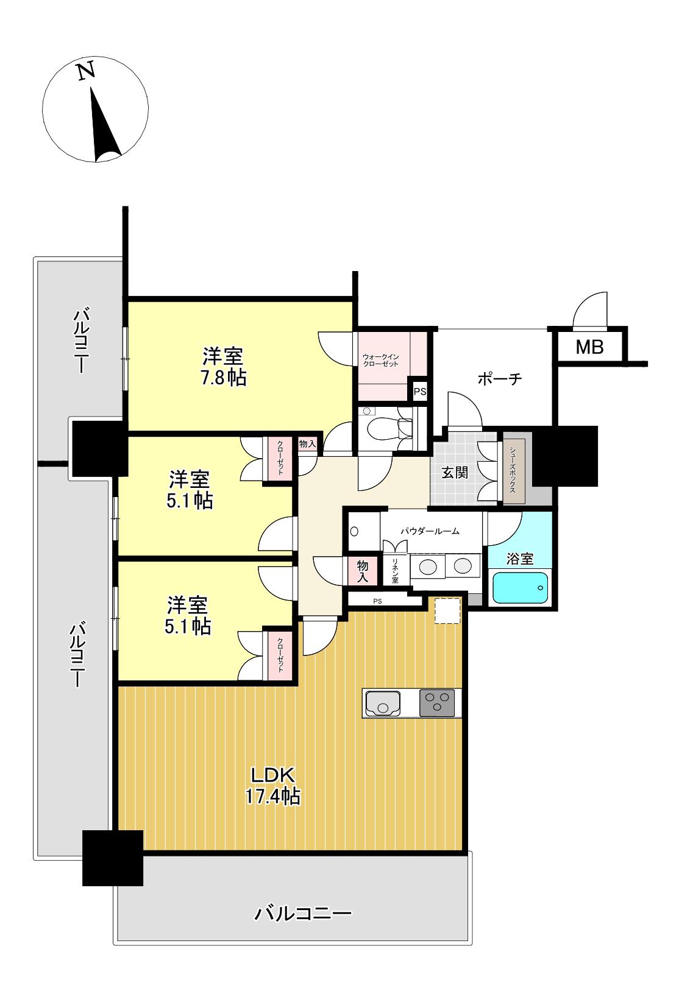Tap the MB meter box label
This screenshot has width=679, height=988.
pyautogui.click(x=589, y=348)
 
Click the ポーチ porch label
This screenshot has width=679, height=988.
pyautogui.click(x=500, y=379)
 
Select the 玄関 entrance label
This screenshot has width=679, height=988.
pyautogui.click(x=455, y=473)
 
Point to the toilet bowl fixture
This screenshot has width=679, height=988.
pyautogui.click(x=384, y=427)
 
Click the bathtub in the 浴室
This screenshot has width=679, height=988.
pyautogui.click(x=520, y=588)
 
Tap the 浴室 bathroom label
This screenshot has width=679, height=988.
pyautogui.click(x=520, y=559)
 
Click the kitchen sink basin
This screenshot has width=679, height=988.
pyautogui.click(x=382, y=703)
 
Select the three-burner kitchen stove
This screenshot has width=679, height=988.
pyautogui.click(x=436, y=703)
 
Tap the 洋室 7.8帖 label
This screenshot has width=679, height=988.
pyautogui.click(x=224, y=367)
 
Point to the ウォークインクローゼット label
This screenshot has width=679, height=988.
pyautogui.click(x=380, y=360)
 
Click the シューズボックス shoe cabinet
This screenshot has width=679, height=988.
pyautogui.click(x=513, y=471)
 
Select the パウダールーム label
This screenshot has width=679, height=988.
pyautogui.click(x=430, y=531)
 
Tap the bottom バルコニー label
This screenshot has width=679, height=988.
pyautogui.click(x=303, y=913)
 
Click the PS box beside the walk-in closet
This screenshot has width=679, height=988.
pyautogui.click(x=420, y=391)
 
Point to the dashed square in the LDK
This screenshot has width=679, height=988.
pyautogui.click(x=447, y=611)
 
